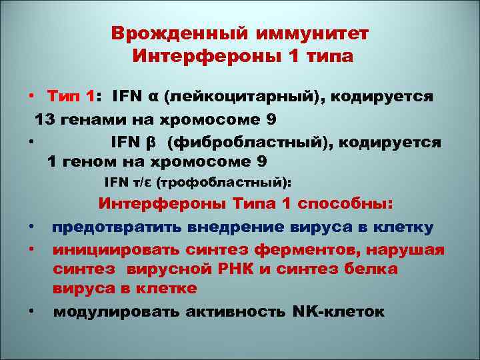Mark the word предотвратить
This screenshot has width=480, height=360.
[111, 227]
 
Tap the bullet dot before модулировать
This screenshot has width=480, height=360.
[31, 311]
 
